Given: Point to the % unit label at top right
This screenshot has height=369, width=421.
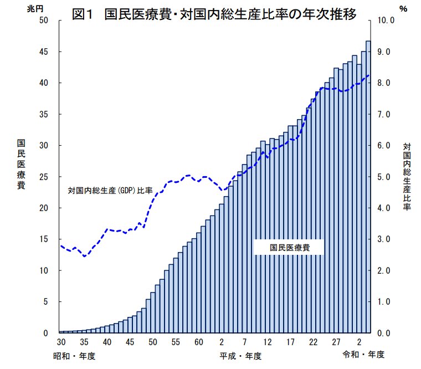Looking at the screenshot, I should (402, 8).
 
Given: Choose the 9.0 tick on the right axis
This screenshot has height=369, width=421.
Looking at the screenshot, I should (384, 52).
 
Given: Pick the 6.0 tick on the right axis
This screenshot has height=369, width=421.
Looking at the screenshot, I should (384, 146).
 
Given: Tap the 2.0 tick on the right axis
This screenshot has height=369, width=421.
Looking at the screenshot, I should (384, 271).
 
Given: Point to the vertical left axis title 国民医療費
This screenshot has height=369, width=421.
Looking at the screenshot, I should (21, 164).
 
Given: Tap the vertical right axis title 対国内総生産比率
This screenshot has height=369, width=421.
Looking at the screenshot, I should (407, 177).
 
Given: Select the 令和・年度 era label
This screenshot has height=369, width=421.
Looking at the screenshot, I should (363, 354).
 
